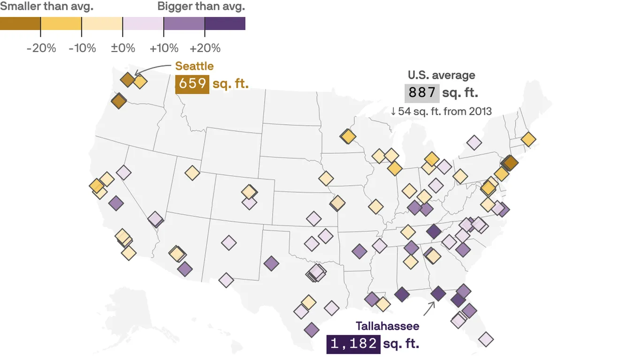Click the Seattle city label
[194, 66]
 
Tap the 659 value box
[192, 83]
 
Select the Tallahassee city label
[387, 326]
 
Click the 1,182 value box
[353, 344]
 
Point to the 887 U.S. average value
[422, 93]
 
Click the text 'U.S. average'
[441, 75]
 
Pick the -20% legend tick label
[41, 48]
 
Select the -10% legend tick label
[82, 48]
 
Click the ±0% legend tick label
[123, 48]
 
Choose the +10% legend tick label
[164, 48]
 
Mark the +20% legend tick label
[205, 48]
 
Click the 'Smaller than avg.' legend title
[46, 6]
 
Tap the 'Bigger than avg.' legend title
[201, 6]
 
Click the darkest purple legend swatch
[225, 23]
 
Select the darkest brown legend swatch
[20, 23]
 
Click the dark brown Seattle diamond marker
[127, 79]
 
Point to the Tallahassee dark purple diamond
[438, 293]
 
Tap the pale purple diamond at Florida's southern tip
[486, 339]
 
